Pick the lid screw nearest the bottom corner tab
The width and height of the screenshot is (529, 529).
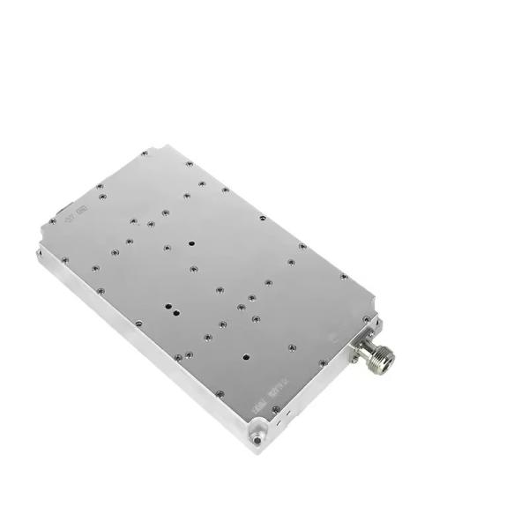coord(276,408)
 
